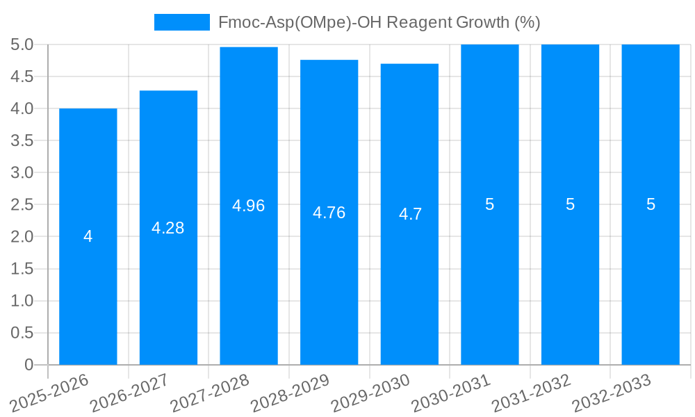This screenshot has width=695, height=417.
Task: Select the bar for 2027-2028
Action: tap(249, 278)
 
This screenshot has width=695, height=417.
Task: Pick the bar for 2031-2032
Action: tap(570, 278)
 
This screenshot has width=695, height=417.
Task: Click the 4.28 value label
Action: tap(168, 228)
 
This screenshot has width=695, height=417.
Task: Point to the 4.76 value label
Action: tap(329, 213)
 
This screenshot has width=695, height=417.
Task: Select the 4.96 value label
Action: tap(249, 206)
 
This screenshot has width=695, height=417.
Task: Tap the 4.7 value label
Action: tap(410, 214)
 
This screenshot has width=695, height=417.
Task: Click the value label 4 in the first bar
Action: tap(88, 236)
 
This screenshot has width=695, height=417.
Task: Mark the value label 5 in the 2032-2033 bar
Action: tap(651, 204)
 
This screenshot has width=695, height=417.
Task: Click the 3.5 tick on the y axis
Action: tap(22, 140)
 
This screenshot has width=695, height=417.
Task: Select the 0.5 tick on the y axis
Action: tap(22, 332)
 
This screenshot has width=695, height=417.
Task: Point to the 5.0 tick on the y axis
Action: tap(22, 44)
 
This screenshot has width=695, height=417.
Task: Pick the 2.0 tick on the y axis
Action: tap(22, 236)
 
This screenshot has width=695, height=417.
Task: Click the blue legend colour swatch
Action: tap(182, 22)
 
